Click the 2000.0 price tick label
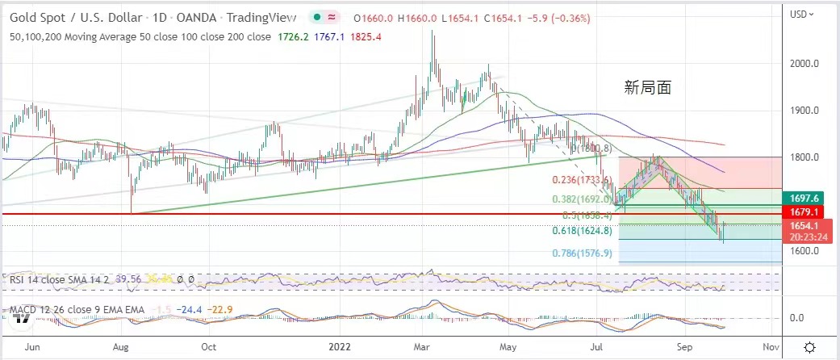[804, 64]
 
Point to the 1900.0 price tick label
[804, 111]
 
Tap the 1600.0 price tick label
[804, 250]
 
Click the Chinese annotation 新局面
[648, 88]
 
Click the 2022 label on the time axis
[337, 347]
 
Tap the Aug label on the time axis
[121, 347]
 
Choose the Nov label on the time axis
[771, 347]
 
